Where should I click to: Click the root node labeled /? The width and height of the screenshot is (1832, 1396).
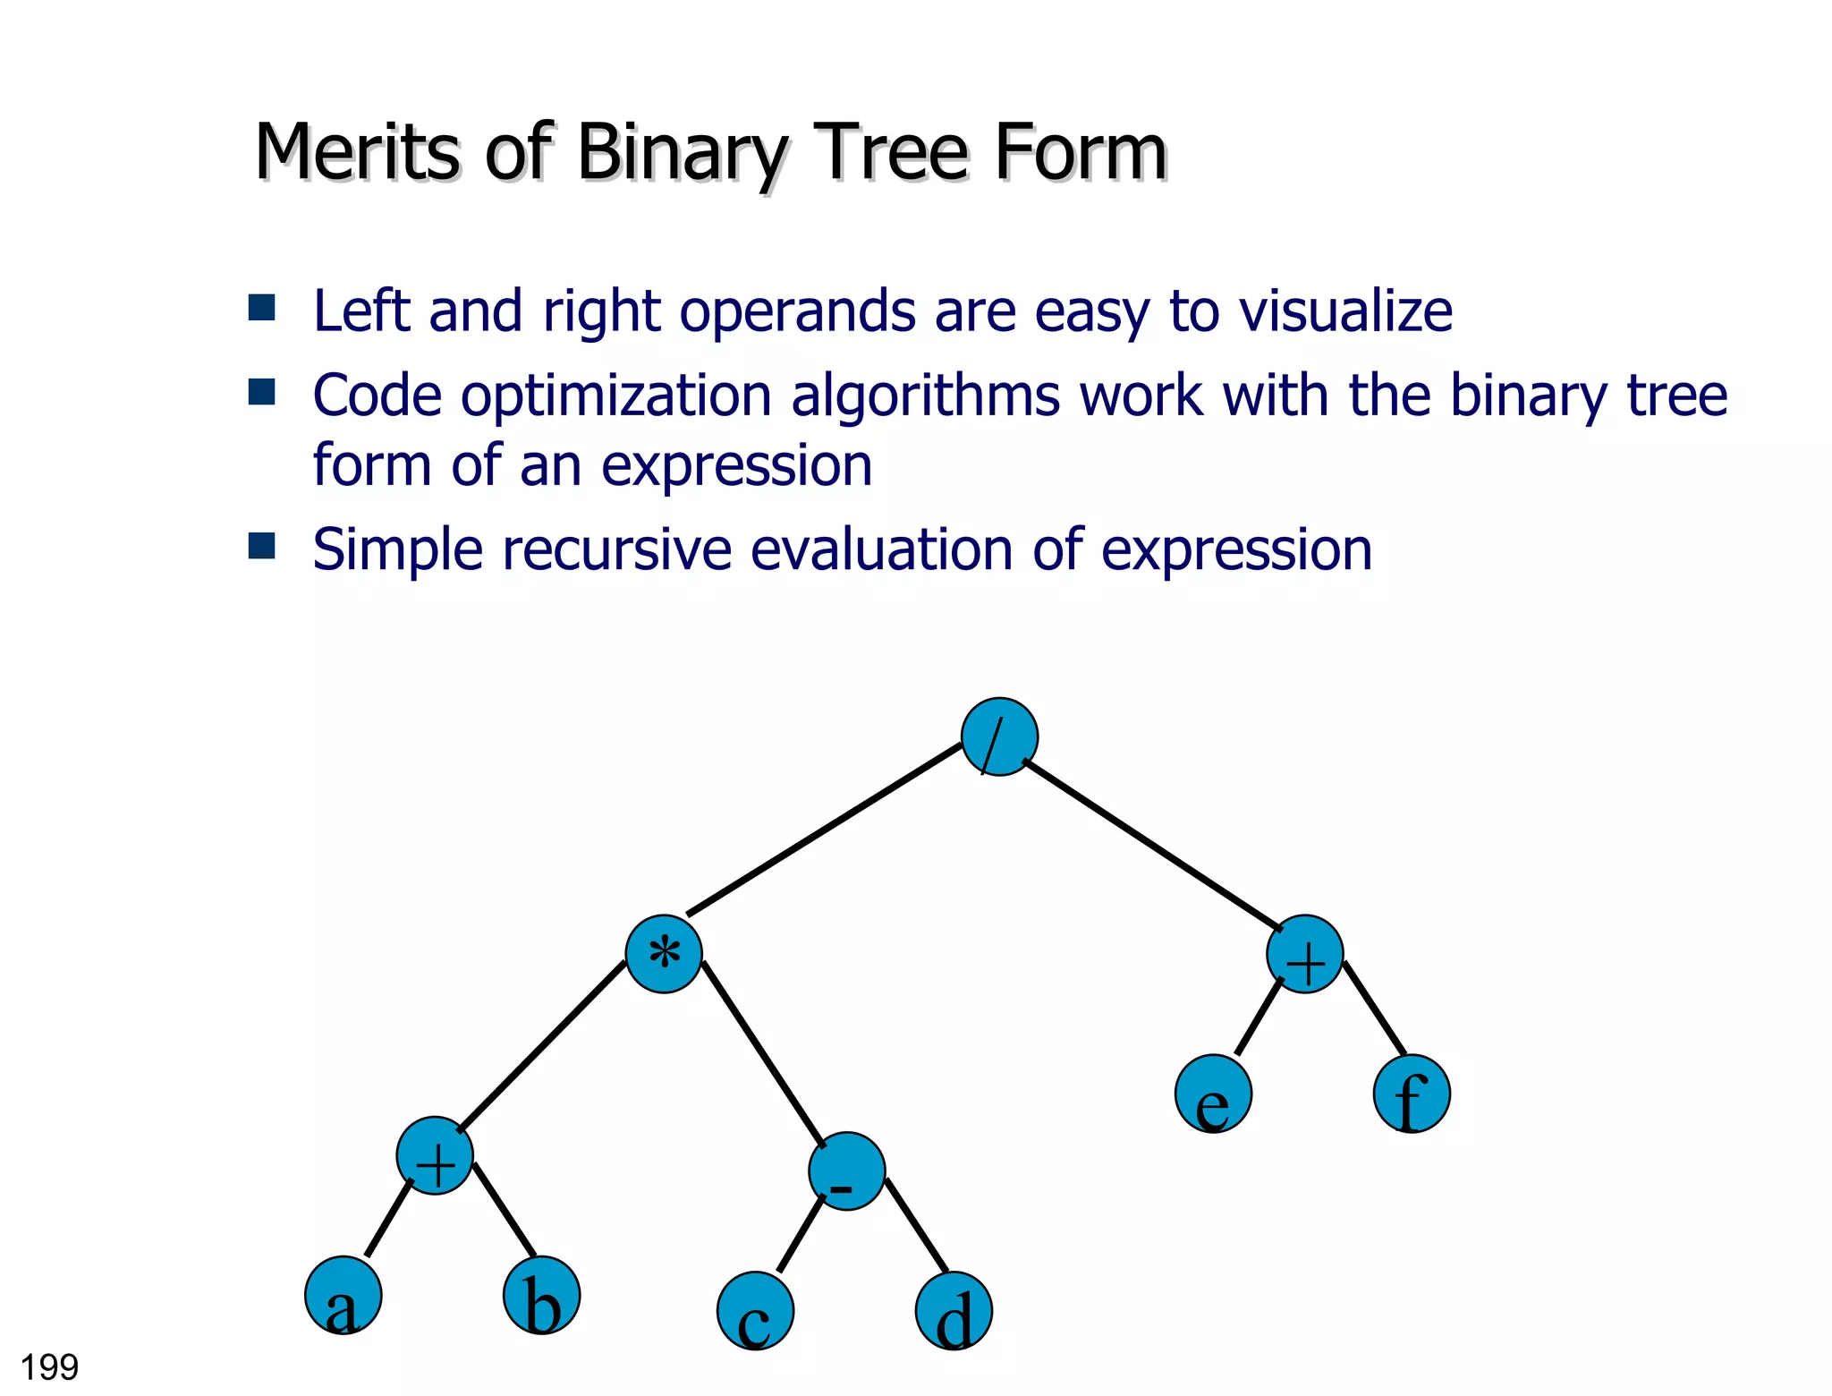click(999, 736)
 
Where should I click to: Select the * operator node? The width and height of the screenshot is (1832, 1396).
click(664, 954)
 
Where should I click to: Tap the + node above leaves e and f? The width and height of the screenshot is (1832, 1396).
click(1305, 954)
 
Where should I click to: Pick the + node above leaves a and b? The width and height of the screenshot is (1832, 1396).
click(435, 1155)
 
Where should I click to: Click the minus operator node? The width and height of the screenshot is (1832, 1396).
click(846, 1171)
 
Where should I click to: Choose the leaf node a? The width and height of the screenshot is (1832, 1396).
click(343, 1296)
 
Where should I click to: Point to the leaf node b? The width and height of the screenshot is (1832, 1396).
click(541, 1296)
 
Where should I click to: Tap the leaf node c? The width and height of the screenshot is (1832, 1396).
click(755, 1311)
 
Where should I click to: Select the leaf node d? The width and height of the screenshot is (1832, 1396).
click(954, 1311)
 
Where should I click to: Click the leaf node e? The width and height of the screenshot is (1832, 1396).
click(1213, 1094)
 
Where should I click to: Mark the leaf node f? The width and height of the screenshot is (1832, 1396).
click(1412, 1094)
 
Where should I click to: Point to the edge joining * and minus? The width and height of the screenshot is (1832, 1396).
click(763, 1053)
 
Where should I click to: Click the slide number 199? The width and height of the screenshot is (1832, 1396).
click(49, 1367)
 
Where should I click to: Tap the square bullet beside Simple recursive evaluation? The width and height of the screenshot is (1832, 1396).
click(262, 545)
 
